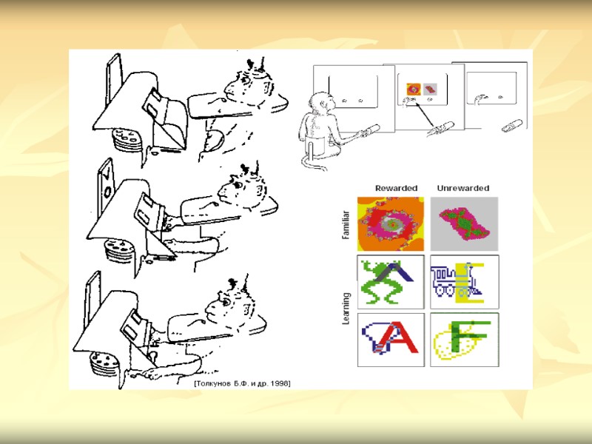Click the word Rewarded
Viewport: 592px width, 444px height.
(396, 188)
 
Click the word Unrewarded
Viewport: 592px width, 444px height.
(463, 188)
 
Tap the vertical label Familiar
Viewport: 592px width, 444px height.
(346, 225)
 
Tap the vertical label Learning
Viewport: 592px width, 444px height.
(346, 309)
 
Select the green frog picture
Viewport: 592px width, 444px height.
(391, 282)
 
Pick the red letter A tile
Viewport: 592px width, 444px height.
(391, 340)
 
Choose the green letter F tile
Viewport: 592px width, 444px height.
(465, 340)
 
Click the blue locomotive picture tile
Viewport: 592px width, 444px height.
(465, 282)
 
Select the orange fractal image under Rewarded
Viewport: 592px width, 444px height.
(391, 224)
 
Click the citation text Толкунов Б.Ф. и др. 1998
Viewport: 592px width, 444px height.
(243, 383)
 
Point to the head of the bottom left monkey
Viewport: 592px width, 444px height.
(230, 300)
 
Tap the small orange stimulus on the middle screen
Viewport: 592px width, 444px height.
(413, 90)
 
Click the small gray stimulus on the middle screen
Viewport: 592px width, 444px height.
(430, 90)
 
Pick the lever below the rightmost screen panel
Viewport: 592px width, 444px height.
(512, 126)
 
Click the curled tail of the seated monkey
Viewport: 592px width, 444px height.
(313, 165)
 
